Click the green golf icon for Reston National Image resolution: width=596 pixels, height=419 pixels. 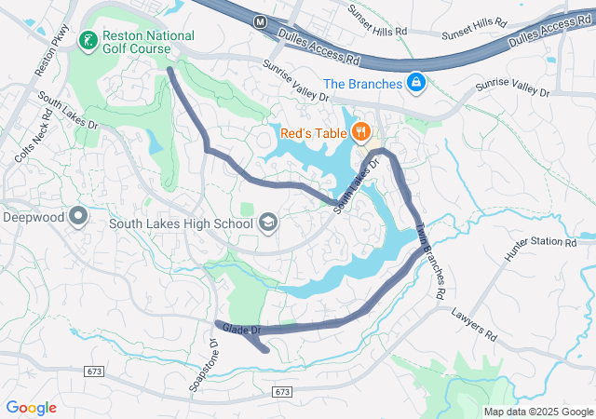click(87, 40)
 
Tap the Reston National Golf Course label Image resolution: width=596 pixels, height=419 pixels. click(149, 43)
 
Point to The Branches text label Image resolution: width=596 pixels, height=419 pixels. click(363, 84)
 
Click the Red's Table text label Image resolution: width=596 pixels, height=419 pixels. click(314, 132)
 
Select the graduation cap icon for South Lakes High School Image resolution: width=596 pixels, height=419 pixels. click(268, 223)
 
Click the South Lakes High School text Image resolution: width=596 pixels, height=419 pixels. click(181, 223)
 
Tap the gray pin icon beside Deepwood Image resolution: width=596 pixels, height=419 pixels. click(78, 217)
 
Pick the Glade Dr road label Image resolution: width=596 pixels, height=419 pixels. click(240, 329)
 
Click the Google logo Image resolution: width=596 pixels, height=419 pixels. click(31, 408)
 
